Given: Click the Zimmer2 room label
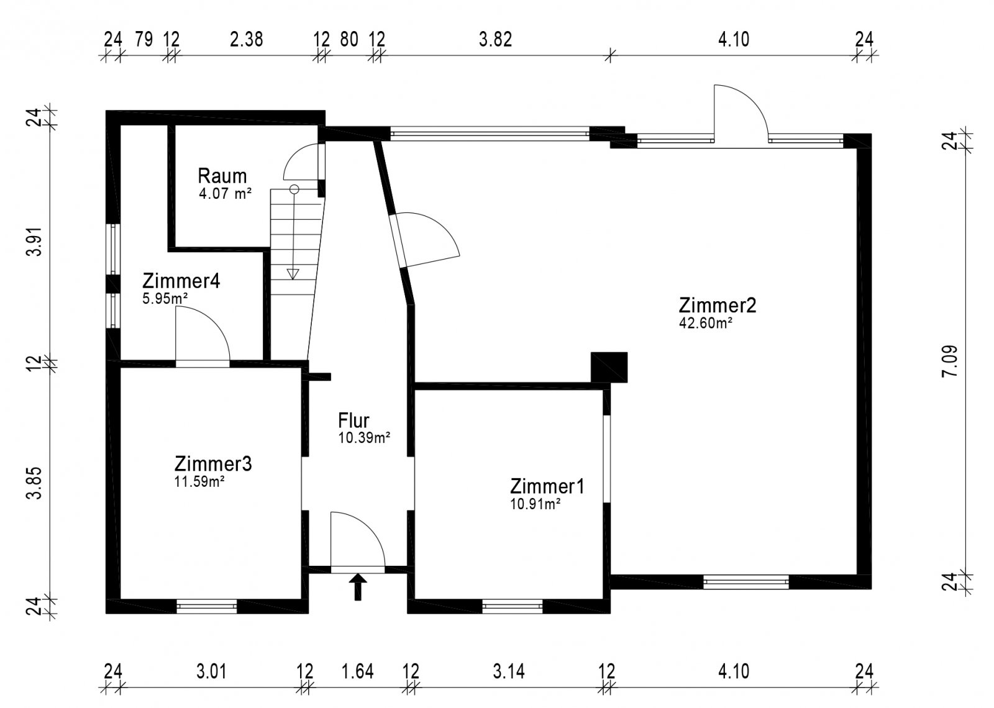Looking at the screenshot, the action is [717, 305].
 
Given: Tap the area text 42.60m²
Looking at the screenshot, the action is [705, 323].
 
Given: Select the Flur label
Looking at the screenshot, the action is [353, 420].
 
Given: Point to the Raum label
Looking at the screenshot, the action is [222, 176].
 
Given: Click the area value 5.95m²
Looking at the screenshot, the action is [165, 299].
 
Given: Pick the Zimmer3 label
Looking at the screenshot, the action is [213, 464].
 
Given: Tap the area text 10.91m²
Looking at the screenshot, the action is [535, 504].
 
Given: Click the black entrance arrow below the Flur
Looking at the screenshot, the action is [358, 587].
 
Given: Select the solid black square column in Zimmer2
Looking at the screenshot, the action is [609, 367].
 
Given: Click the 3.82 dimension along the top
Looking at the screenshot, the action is [495, 40].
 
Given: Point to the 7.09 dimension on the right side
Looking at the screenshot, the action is [950, 361].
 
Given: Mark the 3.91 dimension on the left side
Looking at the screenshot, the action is [34, 242].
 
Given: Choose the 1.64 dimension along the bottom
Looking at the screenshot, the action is [358, 671].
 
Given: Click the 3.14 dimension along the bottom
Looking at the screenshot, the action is [509, 671].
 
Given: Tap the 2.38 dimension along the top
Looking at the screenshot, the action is [246, 40].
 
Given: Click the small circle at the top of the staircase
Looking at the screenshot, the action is [294, 189].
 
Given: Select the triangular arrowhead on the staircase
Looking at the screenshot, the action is [293, 274].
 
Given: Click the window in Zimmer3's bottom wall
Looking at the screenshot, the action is [207, 606].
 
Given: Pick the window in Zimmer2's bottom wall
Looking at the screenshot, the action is [746, 581].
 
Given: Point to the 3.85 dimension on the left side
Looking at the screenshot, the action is [34, 483].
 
